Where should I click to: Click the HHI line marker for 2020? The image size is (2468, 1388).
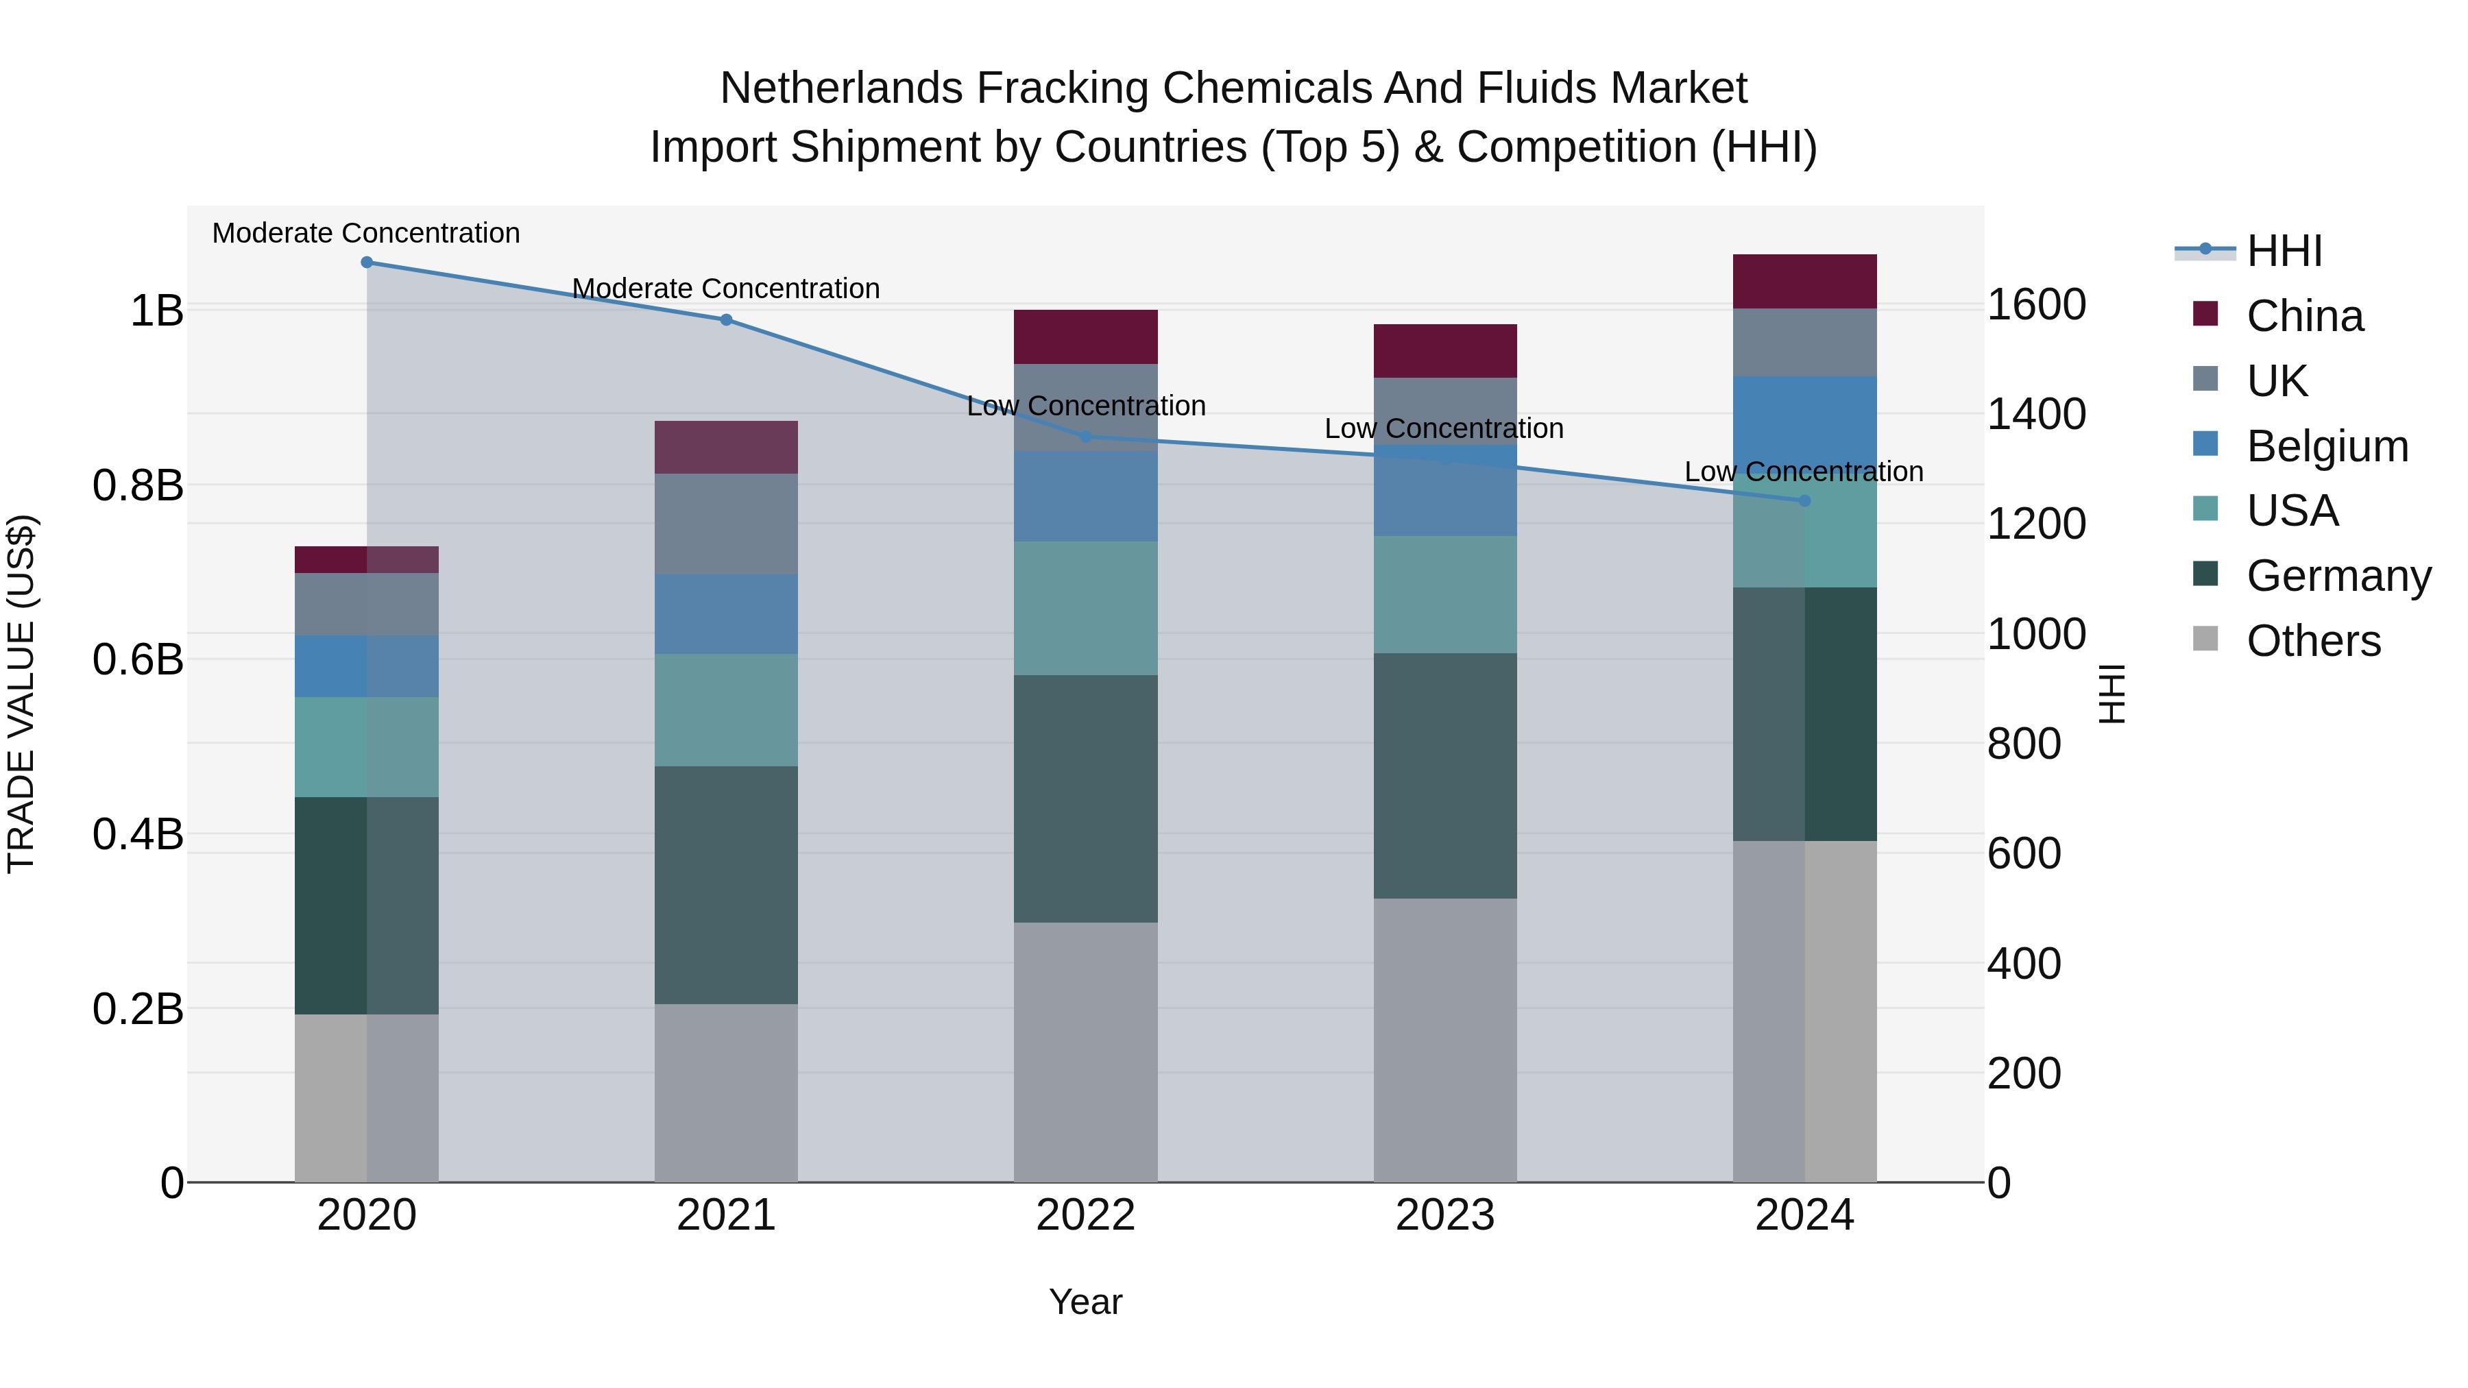point(367,263)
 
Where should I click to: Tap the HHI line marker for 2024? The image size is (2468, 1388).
point(1804,501)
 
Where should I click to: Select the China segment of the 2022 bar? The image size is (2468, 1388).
point(1085,337)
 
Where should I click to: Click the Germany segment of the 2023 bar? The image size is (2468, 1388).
point(1444,776)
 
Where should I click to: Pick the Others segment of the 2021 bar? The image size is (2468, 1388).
point(726,1093)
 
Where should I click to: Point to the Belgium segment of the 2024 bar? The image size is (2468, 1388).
point(1804,422)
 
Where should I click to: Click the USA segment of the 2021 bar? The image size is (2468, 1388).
point(726,710)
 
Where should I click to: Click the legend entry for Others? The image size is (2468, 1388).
point(2313,641)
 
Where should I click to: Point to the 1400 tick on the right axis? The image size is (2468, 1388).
point(2037,414)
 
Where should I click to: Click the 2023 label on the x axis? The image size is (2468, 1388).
point(1444,1215)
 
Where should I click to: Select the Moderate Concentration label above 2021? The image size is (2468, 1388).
point(726,289)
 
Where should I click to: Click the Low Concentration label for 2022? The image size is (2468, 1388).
point(1085,406)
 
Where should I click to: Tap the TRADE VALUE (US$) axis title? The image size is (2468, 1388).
point(21,694)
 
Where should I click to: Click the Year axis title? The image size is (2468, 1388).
point(1085,1302)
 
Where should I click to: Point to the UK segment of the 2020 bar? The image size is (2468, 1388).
point(367,605)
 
